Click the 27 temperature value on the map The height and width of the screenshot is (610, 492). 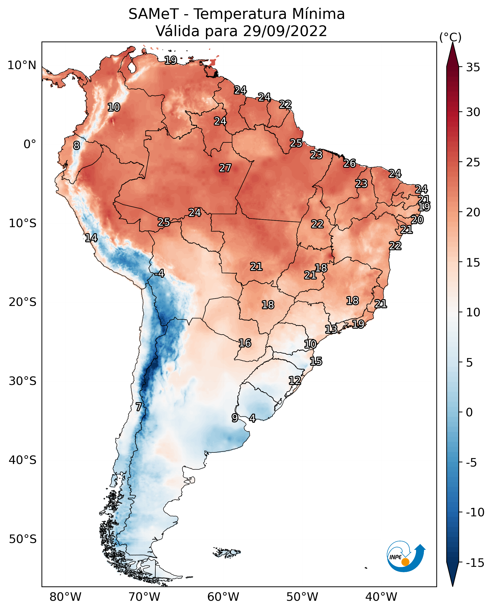point(225,168)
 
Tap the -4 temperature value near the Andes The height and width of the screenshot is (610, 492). point(159,273)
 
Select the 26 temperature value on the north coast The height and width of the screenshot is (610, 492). point(350,163)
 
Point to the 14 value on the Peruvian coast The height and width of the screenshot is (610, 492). point(91,238)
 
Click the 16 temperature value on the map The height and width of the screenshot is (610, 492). point(245,343)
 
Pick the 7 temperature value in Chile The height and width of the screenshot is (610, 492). point(138,407)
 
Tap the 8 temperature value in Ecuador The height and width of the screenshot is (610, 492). point(76,145)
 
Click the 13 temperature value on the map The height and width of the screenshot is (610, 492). point(331,329)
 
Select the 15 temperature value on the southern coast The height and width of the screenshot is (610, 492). point(316,361)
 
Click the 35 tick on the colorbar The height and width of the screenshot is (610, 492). point(473,67)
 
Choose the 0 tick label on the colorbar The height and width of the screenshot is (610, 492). point(470,412)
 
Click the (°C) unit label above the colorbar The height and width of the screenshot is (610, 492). point(450,37)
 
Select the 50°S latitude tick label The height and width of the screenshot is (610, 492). point(23,539)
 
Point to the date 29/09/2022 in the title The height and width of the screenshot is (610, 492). point(285,31)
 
